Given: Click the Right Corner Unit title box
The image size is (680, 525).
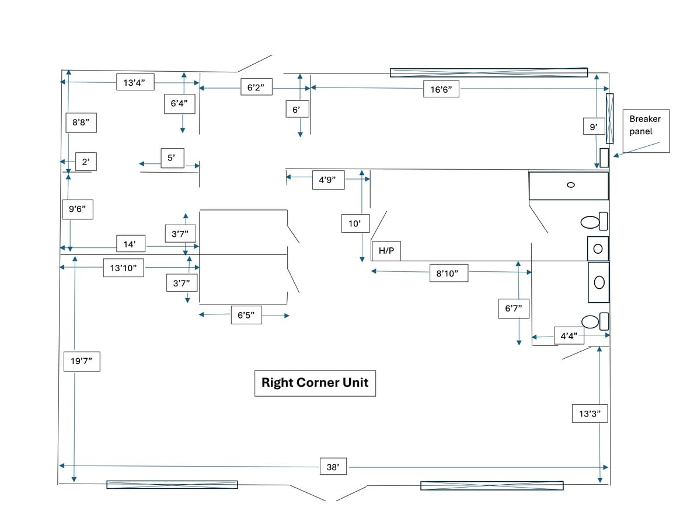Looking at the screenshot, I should click(315, 383).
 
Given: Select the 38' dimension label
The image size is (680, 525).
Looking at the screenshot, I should click(333, 467).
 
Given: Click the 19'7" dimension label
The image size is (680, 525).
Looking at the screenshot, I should click(81, 361).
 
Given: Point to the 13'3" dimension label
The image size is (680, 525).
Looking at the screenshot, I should click(590, 414).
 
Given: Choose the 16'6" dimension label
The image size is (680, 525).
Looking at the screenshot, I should click(441, 89).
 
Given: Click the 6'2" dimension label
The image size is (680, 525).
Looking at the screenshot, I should click(256, 87).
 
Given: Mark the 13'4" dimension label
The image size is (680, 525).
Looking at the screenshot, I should click(135, 82).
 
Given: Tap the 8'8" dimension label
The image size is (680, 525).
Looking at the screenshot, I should click(81, 123).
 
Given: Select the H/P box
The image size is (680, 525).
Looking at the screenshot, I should click(386, 251).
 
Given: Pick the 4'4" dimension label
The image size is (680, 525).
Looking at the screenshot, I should click(569, 335).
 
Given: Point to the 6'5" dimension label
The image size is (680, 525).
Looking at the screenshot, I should click(246, 315).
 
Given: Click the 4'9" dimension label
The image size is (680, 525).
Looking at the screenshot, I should click(327, 180).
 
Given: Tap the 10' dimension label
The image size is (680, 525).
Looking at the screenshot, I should click(355, 223).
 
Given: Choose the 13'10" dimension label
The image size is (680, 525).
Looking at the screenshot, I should click(123, 268).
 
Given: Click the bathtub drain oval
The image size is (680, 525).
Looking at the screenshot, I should click(571, 185).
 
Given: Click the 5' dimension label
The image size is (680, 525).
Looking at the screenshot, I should click(172, 158).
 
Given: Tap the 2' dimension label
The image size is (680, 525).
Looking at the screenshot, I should click(86, 162).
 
